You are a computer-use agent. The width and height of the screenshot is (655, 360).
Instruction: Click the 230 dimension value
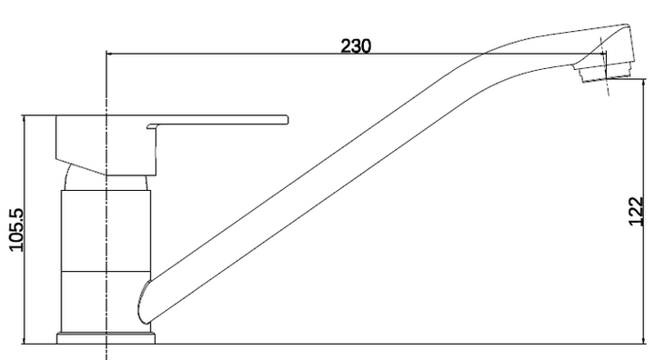pos(356,45)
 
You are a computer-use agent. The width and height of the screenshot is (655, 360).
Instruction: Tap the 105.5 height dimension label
pos(14,231)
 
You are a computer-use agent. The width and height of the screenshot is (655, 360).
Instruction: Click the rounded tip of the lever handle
pos(285,119)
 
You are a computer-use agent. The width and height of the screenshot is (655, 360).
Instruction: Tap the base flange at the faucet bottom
pos(106,339)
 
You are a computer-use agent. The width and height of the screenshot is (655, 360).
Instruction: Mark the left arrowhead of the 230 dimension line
pos(112,54)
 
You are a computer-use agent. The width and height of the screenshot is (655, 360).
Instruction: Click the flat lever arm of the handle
pos(218,119)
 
